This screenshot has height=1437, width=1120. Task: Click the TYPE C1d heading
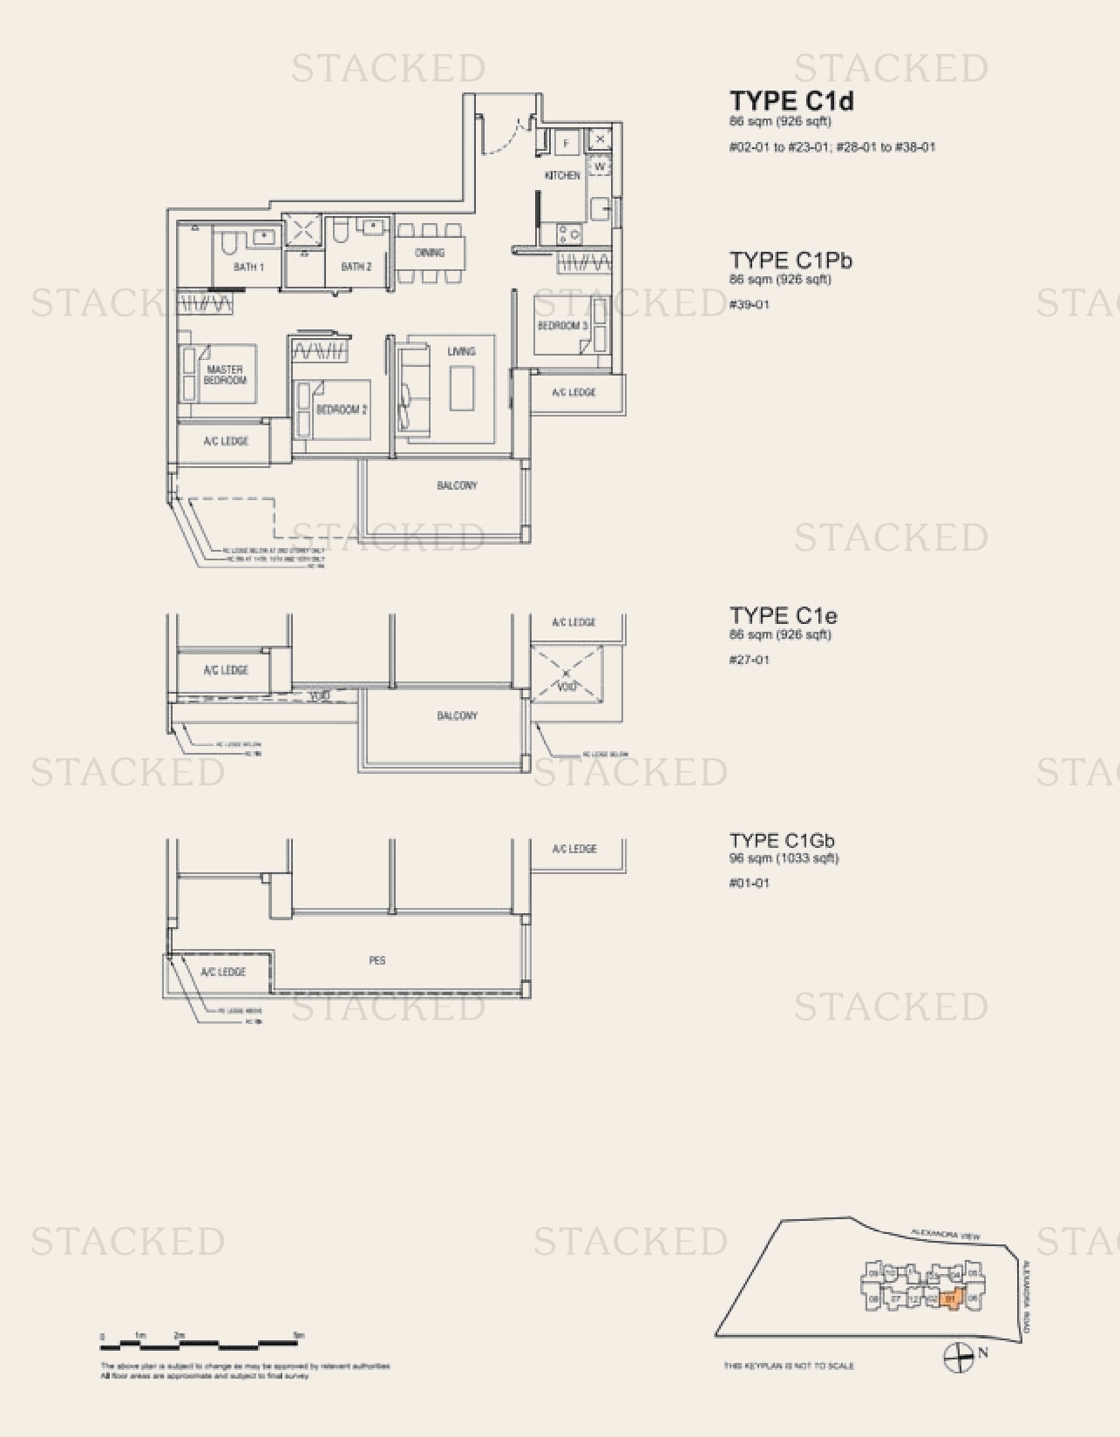click(x=791, y=101)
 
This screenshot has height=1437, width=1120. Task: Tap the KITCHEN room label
click(x=562, y=175)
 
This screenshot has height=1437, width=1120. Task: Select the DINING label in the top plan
click(x=430, y=253)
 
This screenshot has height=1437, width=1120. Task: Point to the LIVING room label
click(x=461, y=351)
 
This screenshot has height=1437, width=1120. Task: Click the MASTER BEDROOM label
click(x=225, y=375)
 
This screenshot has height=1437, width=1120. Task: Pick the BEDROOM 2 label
click(x=342, y=409)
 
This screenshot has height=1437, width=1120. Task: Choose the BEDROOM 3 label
click(x=562, y=325)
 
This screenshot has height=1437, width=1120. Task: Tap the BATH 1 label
click(x=248, y=267)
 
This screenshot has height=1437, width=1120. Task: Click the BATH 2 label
click(x=356, y=267)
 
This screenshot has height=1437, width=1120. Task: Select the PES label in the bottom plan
click(x=377, y=960)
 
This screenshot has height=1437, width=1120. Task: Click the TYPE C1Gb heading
click(x=782, y=841)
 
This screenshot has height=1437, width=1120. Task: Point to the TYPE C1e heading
click(x=783, y=616)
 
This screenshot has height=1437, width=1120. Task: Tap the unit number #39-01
click(x=749, y=304)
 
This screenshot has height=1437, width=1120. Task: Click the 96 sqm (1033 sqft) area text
click(x=784, y=858)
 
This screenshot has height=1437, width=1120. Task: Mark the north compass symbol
click(x=959, y=1356)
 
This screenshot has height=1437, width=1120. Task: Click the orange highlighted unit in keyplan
click(x=951, y=1299)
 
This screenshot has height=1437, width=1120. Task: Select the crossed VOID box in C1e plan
click(x=567, y=674)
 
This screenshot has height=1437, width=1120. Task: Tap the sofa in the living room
click(x=414, y=388)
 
